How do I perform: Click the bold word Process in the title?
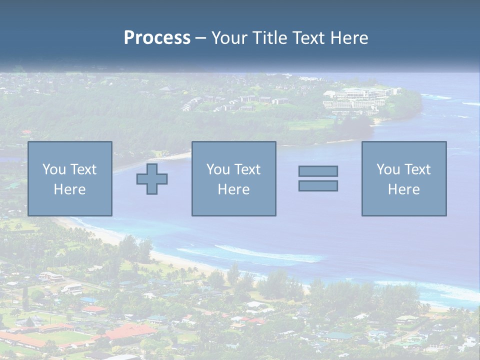coord(157,38)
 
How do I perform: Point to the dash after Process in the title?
coord(200,38)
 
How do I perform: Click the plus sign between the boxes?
coord(152,178)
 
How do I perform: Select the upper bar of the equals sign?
coord(318,171)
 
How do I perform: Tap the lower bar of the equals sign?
coord(318,185)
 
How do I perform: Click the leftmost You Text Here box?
coord(69,178)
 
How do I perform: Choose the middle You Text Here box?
coord(233,178)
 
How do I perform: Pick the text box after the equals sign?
coord(403,178)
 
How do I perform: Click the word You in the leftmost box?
coord(54,169)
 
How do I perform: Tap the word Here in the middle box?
coord(233,189)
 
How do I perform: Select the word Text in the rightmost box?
coord(417,169)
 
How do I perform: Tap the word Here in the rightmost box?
coord(403,189)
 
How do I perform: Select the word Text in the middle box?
coord(247,169)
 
